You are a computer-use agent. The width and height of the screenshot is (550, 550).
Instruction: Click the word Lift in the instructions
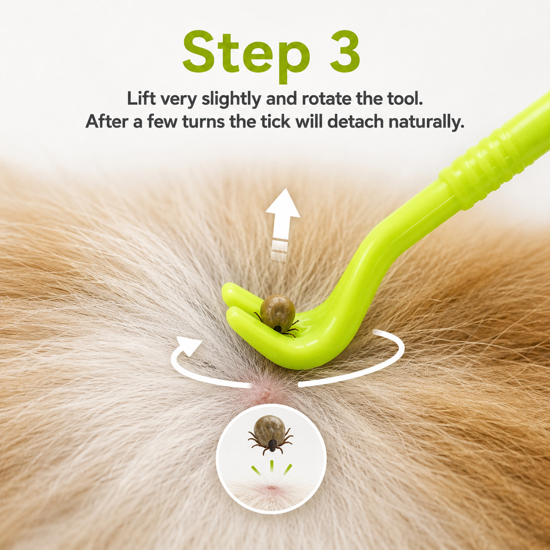[x=141, y=99]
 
